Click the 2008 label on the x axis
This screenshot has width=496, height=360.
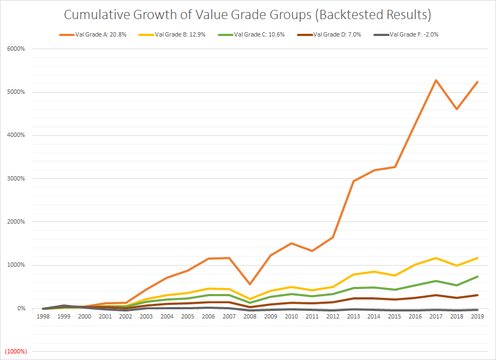point(250,316)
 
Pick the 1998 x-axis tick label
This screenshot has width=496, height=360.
point(44,316)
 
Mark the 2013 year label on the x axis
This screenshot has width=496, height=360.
point(353,316)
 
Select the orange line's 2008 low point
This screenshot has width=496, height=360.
point(250,284)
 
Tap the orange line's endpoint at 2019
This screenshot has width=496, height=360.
point(477,82)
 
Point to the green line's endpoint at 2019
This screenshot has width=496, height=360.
point(477,277)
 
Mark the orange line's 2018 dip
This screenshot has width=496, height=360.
point(457,109)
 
